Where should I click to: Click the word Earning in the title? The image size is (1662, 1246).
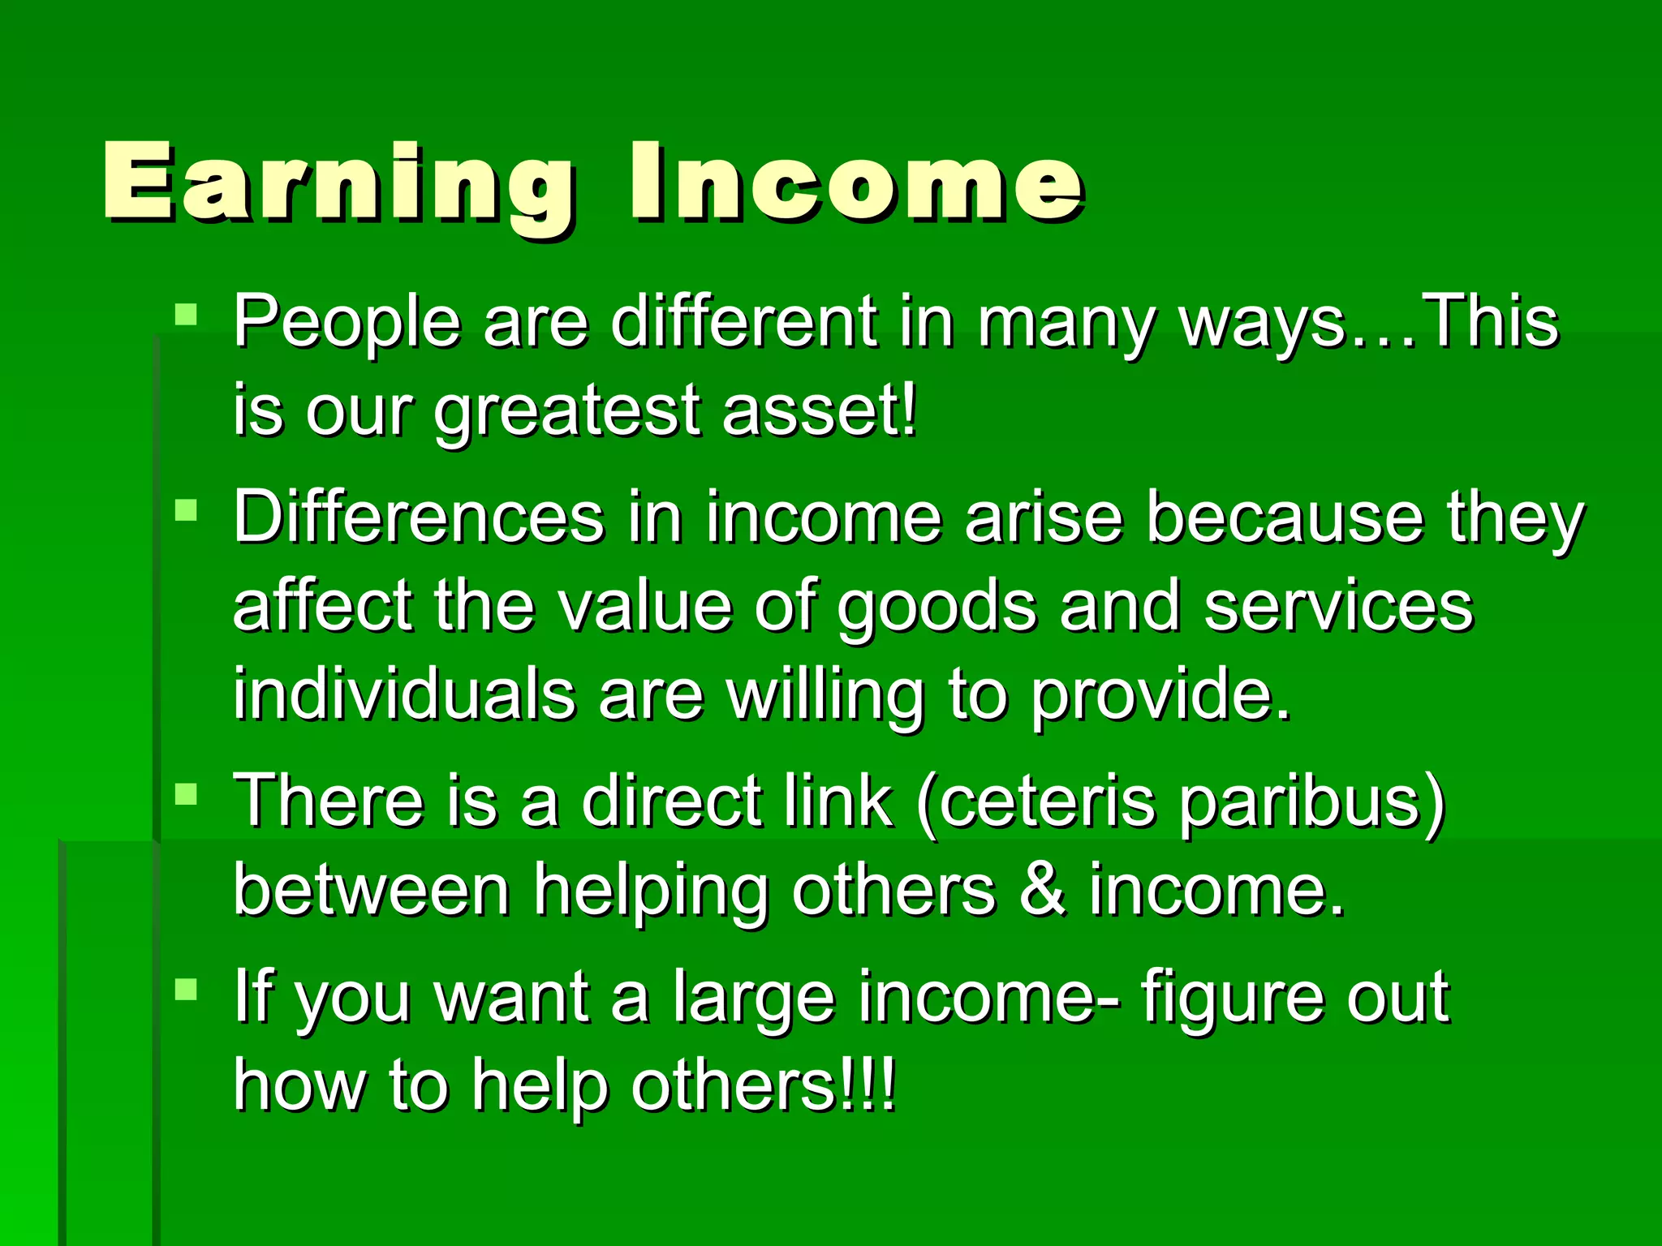[337, 183]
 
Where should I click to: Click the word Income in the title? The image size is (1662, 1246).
[855, 183]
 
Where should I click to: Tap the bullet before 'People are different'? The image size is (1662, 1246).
[186, 315]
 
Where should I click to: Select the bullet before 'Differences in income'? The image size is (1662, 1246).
[186, 510]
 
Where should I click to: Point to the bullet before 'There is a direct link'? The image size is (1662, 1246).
[186, 793]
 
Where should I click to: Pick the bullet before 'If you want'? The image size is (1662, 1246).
[186, 989]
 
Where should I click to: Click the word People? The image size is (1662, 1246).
[347, 323]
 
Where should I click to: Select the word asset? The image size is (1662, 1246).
[820, 410]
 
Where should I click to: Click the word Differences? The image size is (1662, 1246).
[418, 518]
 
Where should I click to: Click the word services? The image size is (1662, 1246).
[1338, 607]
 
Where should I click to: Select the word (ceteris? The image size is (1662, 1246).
[1036, 801]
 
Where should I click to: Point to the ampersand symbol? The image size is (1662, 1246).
[1042, 889]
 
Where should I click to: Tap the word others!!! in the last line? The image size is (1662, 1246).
[764, 1085]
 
